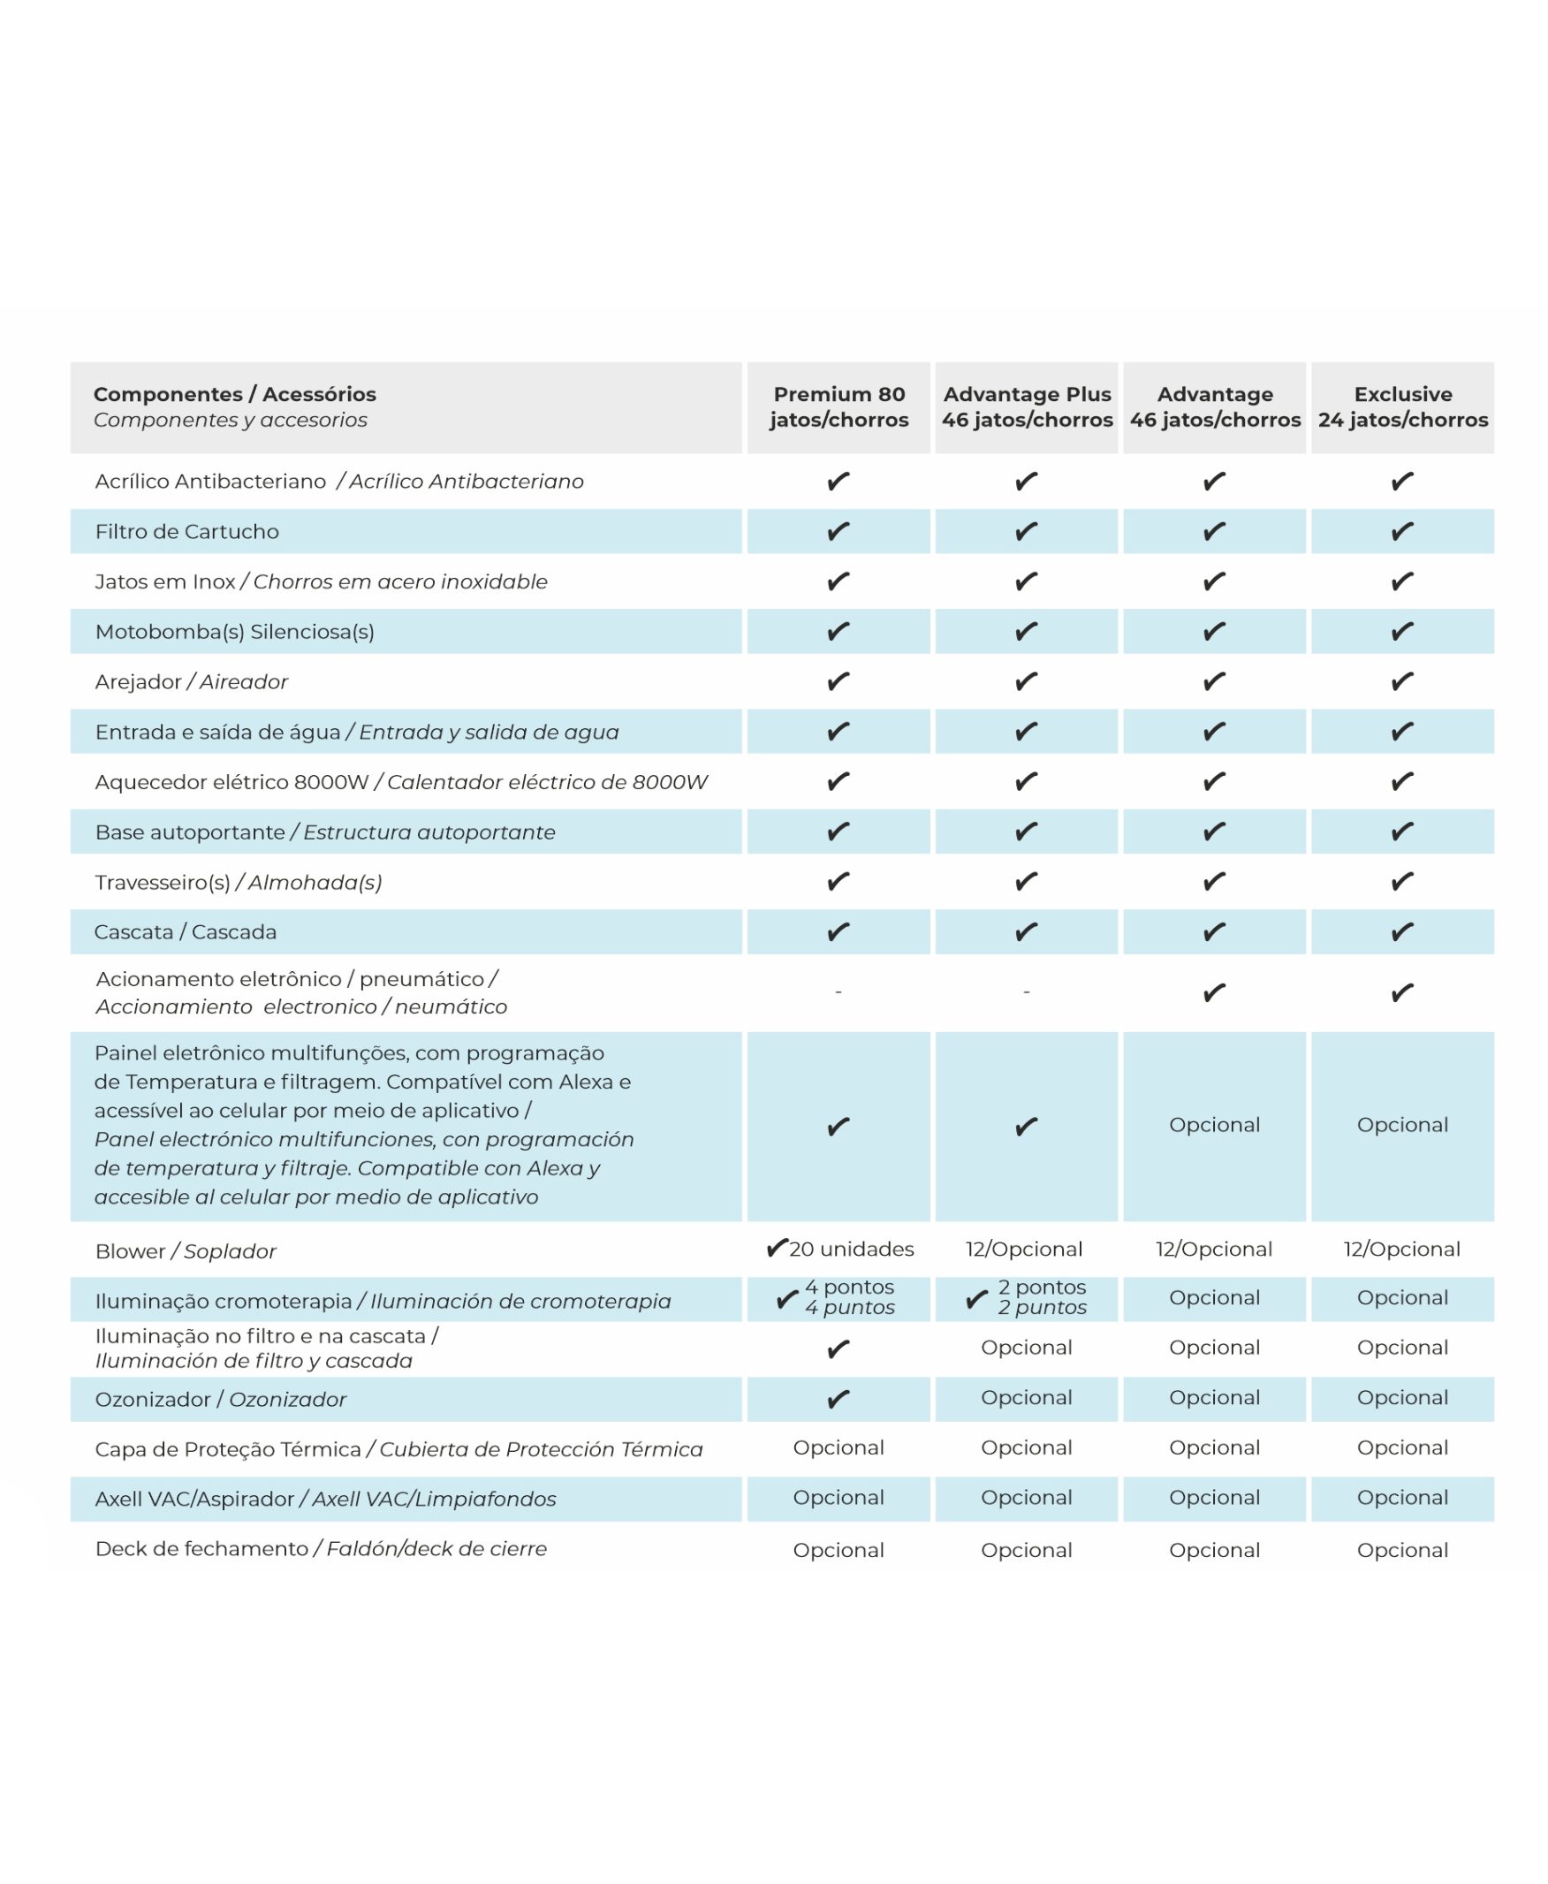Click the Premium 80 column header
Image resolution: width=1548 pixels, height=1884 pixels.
838,406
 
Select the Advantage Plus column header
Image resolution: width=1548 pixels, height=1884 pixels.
1027,406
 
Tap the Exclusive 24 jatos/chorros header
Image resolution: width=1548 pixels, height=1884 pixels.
1402,406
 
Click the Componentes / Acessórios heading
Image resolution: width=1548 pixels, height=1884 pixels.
234,394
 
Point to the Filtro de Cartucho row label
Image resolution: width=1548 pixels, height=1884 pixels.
186,531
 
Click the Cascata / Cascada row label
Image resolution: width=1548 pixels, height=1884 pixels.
186,931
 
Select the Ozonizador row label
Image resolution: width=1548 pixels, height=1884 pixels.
220,1399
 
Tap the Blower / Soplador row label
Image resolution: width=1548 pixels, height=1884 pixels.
186,1251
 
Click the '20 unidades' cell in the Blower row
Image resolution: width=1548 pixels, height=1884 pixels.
850,1250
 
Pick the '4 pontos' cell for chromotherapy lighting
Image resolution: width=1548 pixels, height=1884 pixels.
848,1297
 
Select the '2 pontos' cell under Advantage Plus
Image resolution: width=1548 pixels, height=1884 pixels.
1041,1297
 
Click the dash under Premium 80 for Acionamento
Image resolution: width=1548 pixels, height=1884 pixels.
838,992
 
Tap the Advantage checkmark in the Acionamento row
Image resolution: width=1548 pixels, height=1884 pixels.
1215,992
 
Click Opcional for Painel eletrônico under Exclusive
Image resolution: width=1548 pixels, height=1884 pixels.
1402,1125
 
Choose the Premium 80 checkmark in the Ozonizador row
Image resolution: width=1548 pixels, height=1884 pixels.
838,1399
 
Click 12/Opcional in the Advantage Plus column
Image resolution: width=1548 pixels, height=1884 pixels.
1024,1250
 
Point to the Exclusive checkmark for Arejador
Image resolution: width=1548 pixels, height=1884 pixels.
1402,682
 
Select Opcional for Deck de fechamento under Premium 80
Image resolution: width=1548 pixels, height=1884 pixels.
838,1550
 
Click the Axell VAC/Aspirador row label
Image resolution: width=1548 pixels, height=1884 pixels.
325,1499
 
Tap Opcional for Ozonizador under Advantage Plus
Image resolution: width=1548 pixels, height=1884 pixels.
1027,1397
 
